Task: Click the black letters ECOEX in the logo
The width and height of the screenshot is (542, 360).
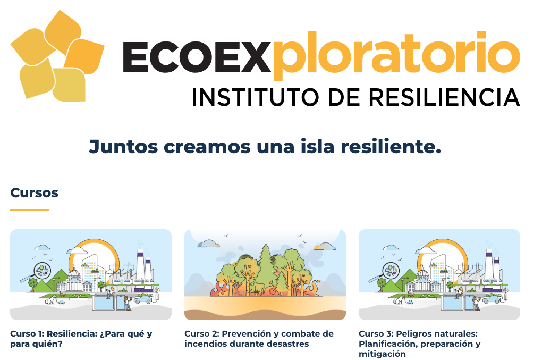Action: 196,57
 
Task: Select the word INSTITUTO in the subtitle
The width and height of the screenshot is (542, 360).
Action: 255,97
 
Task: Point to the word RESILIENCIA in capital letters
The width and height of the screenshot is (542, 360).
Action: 445,97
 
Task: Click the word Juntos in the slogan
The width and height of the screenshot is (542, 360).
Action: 123,146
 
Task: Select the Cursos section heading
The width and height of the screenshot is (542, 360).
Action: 34,192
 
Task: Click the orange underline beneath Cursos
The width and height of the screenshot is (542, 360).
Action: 30,210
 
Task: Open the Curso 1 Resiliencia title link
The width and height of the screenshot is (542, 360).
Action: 81,339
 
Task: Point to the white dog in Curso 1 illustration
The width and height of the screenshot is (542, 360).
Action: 50,299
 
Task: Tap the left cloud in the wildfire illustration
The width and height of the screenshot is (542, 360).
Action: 209,244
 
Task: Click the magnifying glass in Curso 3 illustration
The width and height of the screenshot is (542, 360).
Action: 388,271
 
